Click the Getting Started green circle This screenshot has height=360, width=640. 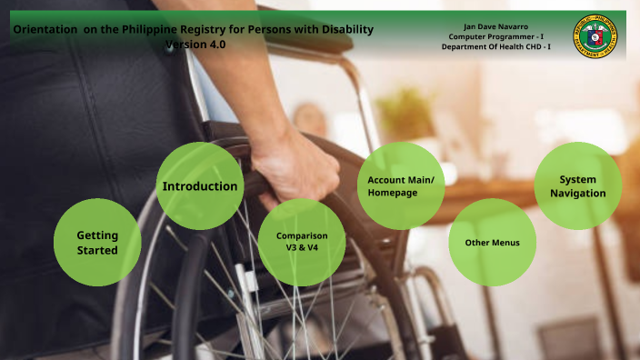click(97, 242)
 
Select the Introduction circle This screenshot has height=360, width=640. click(200, 186)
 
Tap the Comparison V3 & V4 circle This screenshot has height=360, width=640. click(302, 242)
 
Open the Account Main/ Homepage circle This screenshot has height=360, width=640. click(400, 186)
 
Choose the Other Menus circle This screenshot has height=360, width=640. click(492, 243)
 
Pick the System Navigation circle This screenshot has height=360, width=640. click(578, 186)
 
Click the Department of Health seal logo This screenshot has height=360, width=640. click(595, 36)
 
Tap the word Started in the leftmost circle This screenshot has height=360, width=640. click(97, 250)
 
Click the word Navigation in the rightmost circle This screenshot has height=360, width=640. click(578, 194)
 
